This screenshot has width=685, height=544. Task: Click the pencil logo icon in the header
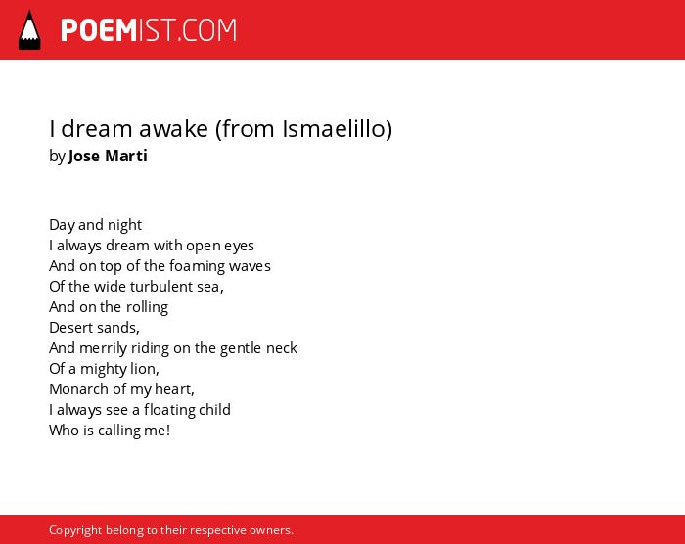coord(29,30)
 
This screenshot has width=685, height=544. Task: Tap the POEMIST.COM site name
coord(149,30)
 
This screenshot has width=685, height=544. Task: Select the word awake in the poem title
coord(173,129)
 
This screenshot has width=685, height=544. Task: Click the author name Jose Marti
coord(108,156)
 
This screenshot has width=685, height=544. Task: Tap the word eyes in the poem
coord(239,247)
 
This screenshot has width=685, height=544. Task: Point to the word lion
coord(145,369)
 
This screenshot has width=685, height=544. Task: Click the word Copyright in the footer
coord(75,530)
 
